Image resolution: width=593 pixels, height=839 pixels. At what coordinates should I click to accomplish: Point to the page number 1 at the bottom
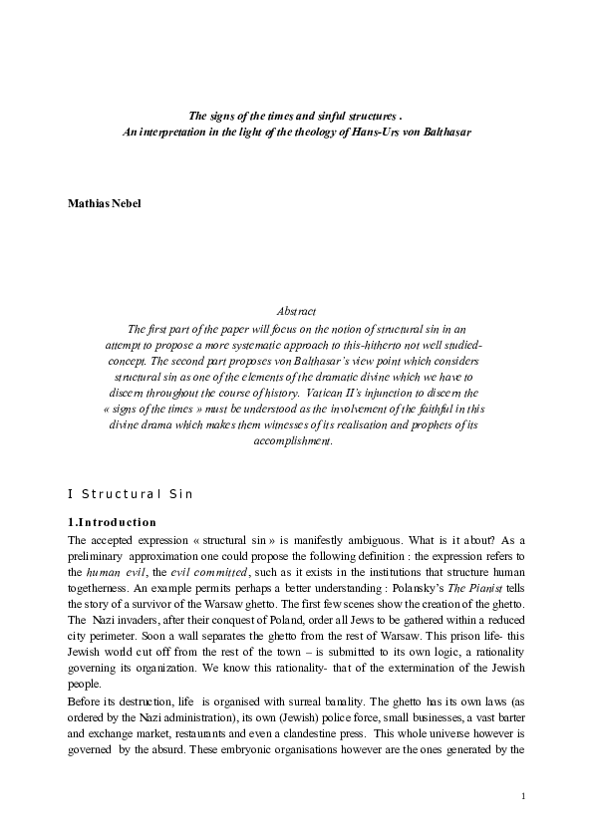pyautogui.click(x=523, y=797)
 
